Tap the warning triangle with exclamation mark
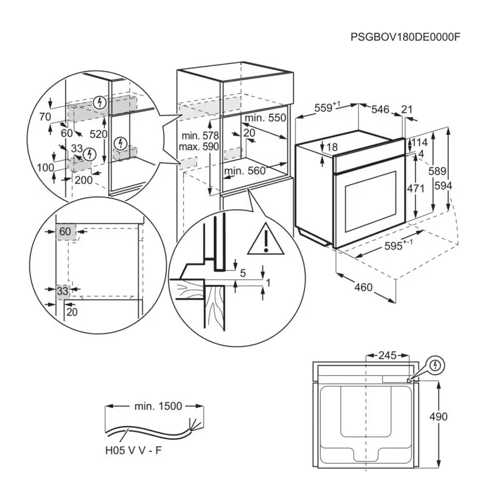pyautogui.click(x=266, y=240)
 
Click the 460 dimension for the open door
pyautogui.click(x=363, y=288)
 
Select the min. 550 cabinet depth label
pyautogui.click(x=265, y=118)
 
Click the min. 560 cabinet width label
pyautogui.click(x=244, y=171)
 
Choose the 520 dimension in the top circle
pyautogui.click(x=98, y=134)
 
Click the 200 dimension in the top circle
pyautogui.click(x=83, y=180)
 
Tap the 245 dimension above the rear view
pyautogui.click(x=387, y=356)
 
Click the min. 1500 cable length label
pyautogui.click(x=158, y=406)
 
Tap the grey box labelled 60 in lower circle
pyautogui.click(x=65, y=232)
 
